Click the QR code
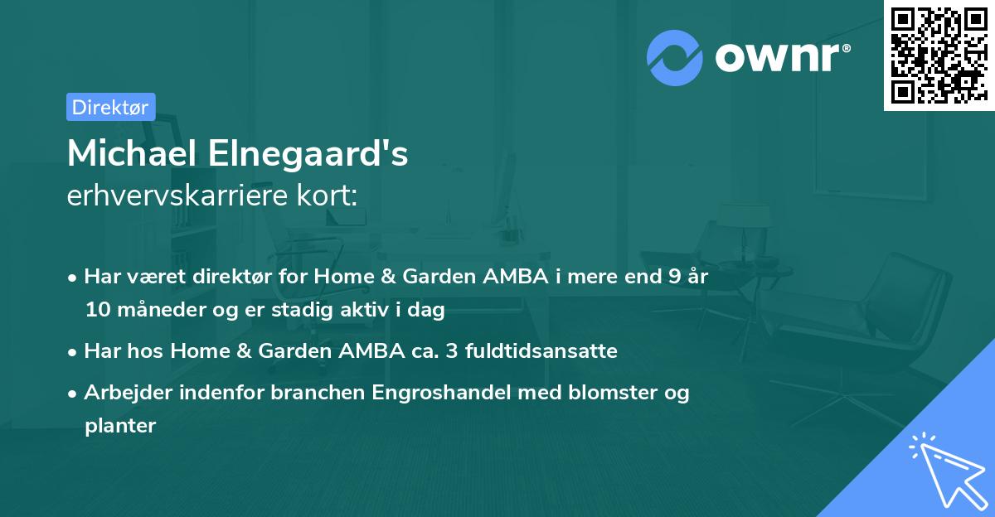939,56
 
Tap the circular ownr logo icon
675,56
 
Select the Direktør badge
110,107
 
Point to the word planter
120,426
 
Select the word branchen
308,392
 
